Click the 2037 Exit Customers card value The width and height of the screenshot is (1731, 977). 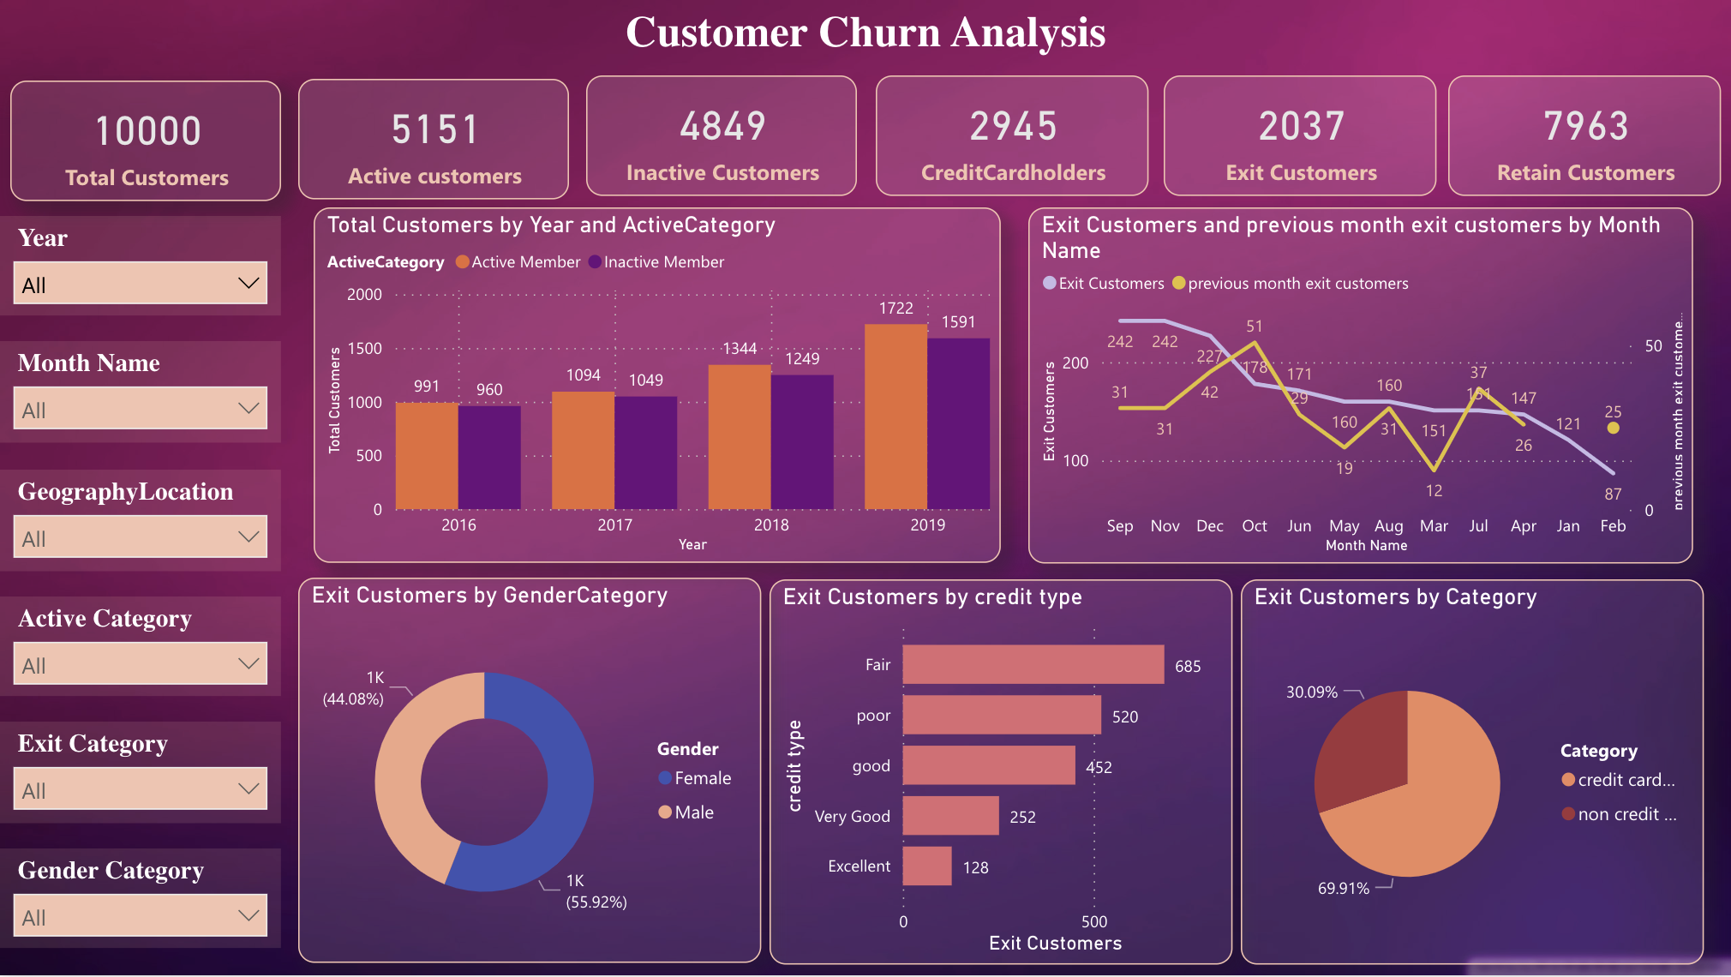(x=1301, y=127)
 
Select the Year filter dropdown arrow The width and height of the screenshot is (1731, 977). (x=249, y=284)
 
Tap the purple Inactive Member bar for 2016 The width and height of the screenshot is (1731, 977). (x=489, y=458)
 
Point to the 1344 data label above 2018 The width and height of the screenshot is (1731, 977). (x=740, y=349)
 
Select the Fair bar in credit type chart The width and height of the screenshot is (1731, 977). (x=1033, y=664)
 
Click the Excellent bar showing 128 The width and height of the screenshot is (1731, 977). (x=926, y=866)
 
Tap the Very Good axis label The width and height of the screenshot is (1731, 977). (x=852, y=817)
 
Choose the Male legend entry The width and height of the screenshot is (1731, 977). (x=693, y=812)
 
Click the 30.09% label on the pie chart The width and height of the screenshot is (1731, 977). (x=1311, y=692)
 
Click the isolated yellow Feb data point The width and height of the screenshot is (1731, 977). (x=1613, y=428)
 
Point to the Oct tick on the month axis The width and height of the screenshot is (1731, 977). (x=1254, y=526)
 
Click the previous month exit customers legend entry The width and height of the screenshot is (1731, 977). (x=1297, y=284)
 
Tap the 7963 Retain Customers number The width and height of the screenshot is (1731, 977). (x=1585, y=127)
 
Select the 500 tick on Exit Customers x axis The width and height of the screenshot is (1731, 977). (x=1093, y=922)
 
